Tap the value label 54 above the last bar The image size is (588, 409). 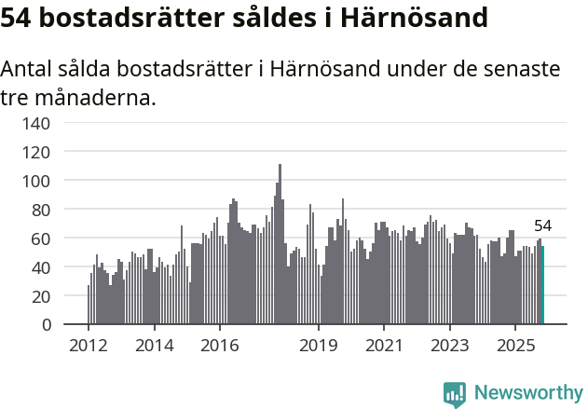click(543, 226)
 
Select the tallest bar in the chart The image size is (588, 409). click(280, 244)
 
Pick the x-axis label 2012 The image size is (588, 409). click(89, 346)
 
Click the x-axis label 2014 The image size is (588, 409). click(154, 346)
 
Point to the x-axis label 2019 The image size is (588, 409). click(319, 346)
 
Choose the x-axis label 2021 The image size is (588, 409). click(384, 346)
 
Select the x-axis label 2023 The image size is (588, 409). click(449, 346)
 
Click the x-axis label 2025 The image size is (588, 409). click(514, 346)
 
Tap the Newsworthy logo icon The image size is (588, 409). click(455, 394)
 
